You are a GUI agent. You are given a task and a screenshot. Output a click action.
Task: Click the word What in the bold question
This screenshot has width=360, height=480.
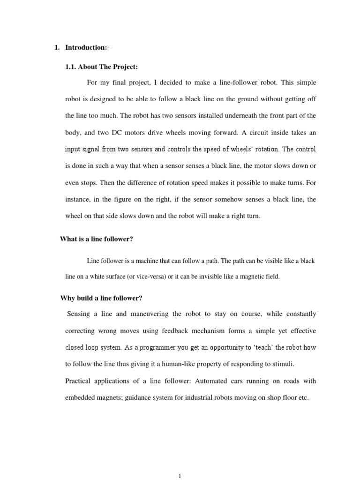[x=68, y=239]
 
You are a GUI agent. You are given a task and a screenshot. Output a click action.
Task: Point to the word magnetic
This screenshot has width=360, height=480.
[x=255, y=277]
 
